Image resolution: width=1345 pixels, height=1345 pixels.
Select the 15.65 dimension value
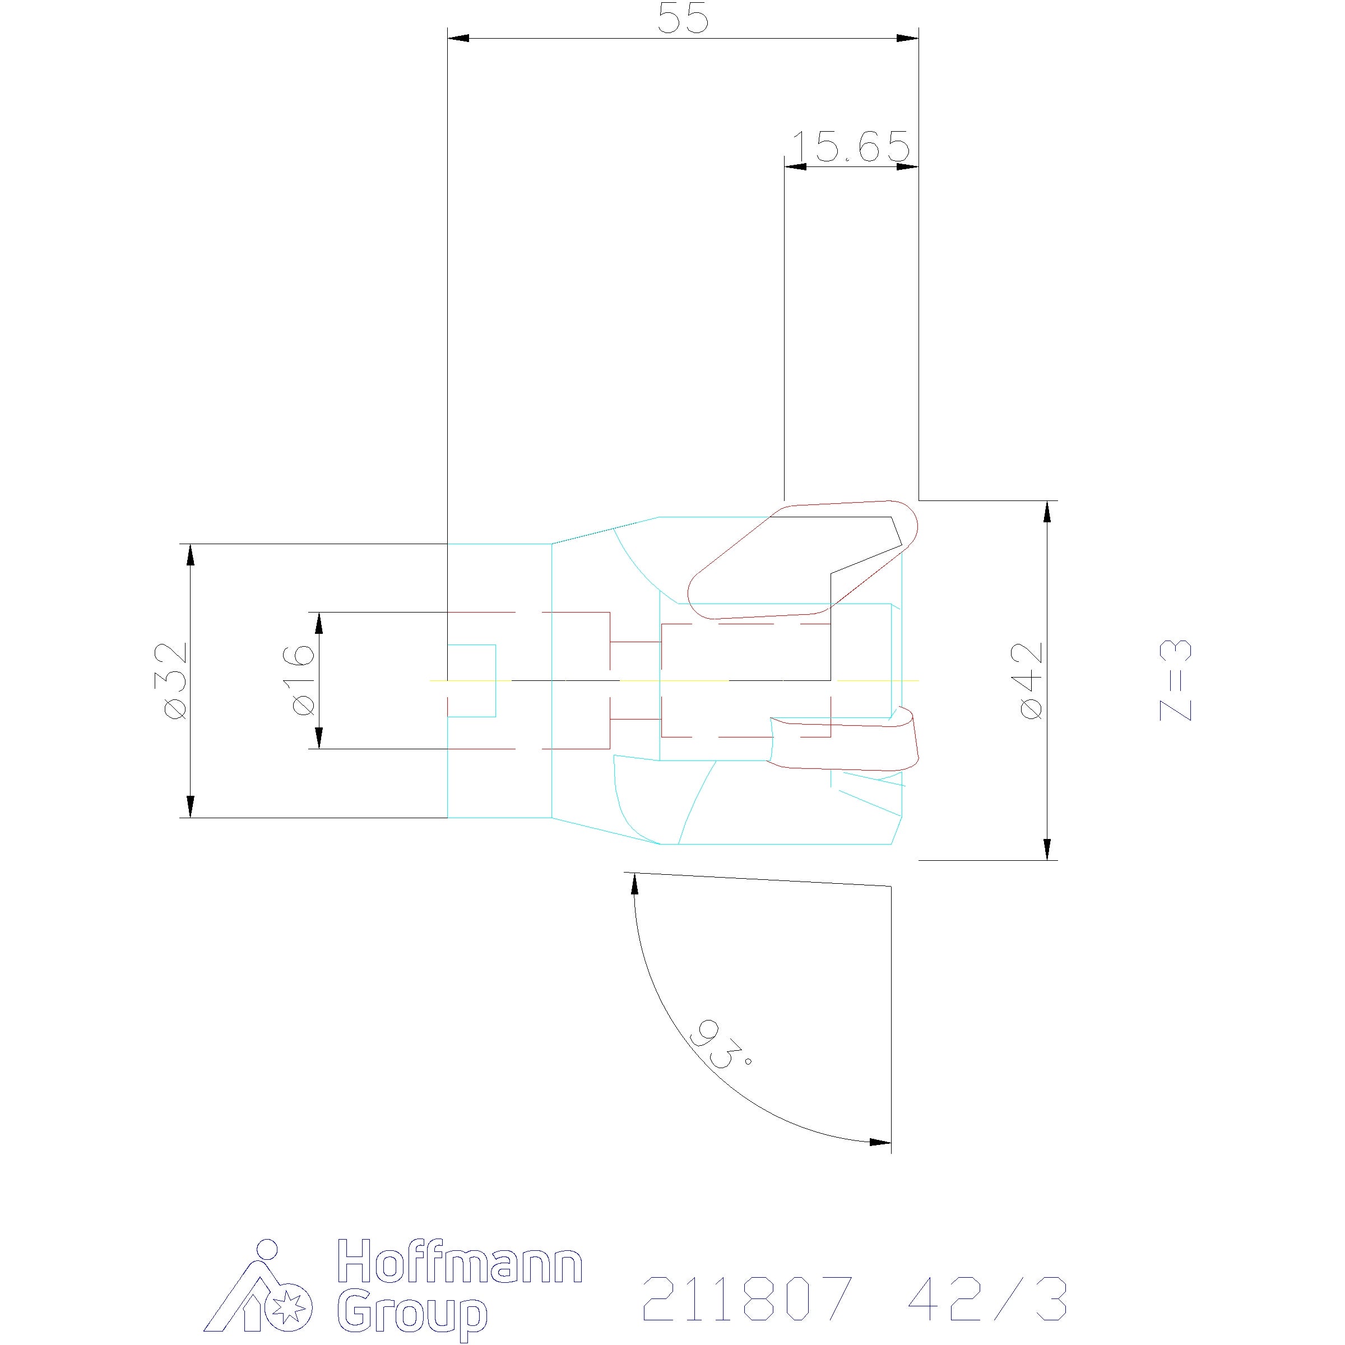coord(851,146)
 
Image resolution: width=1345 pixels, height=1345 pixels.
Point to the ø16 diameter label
coord(302,680)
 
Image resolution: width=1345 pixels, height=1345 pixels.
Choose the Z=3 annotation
coord(1176,680)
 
